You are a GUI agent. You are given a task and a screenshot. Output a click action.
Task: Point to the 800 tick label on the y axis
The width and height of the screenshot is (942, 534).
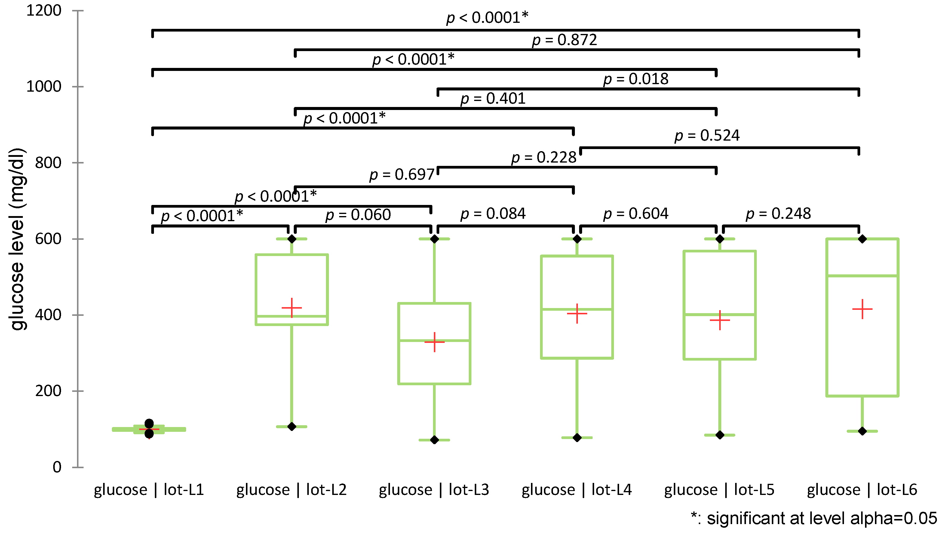coord(48,163)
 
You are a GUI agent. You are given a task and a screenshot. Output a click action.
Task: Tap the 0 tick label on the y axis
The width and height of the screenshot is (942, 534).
coord(57,467)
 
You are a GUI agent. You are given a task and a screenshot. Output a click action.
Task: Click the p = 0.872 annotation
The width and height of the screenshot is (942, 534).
coord(564,40)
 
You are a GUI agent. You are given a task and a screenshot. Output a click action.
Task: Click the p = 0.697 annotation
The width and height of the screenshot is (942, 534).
coord(401,175)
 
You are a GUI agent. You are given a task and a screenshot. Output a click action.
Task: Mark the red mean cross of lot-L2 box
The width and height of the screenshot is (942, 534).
coord(292,308)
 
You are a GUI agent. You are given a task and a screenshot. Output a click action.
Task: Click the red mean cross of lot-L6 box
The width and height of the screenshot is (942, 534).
coord(862,309)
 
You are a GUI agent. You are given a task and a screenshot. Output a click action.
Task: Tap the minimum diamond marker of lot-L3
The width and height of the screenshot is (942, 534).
coord(434,440)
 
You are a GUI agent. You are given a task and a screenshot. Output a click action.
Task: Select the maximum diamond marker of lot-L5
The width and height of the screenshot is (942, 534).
coord(720,239)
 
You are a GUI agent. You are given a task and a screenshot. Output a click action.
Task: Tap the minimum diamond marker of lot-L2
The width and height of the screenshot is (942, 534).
coord(292,426)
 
